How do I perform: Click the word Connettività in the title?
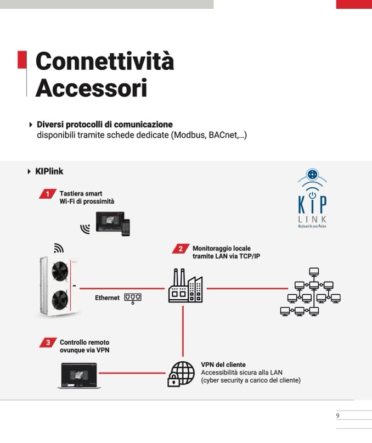pos(104,61)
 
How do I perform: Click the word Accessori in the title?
pos(91,87)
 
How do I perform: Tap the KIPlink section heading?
pos(49,171)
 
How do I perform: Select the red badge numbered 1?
pos(48,194)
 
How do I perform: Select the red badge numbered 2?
pos(181,249)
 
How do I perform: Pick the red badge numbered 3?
pos(48,343)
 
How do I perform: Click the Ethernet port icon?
pos(132,298)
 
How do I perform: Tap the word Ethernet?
pos(107,298)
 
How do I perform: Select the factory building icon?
pos(185,287)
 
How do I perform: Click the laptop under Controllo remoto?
pos(80,375)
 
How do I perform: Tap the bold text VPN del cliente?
pos(223,365)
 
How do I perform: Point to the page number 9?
pos(338,416)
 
